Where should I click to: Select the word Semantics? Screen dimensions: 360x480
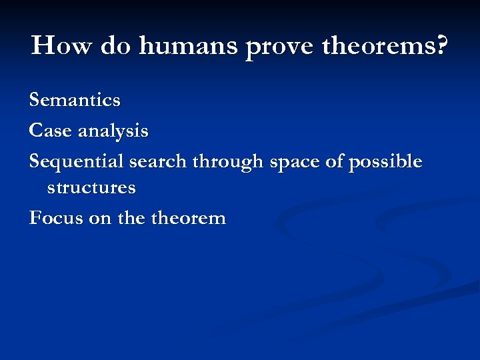tap(75, 101)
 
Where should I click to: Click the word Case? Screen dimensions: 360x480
tap(51, 131)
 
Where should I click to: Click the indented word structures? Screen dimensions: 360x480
tap(91, 187)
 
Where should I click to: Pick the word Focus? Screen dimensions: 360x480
tap(55, 217)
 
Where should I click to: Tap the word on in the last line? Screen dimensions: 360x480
tap(99, 219)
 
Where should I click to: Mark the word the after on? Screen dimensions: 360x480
tap(133, 217)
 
